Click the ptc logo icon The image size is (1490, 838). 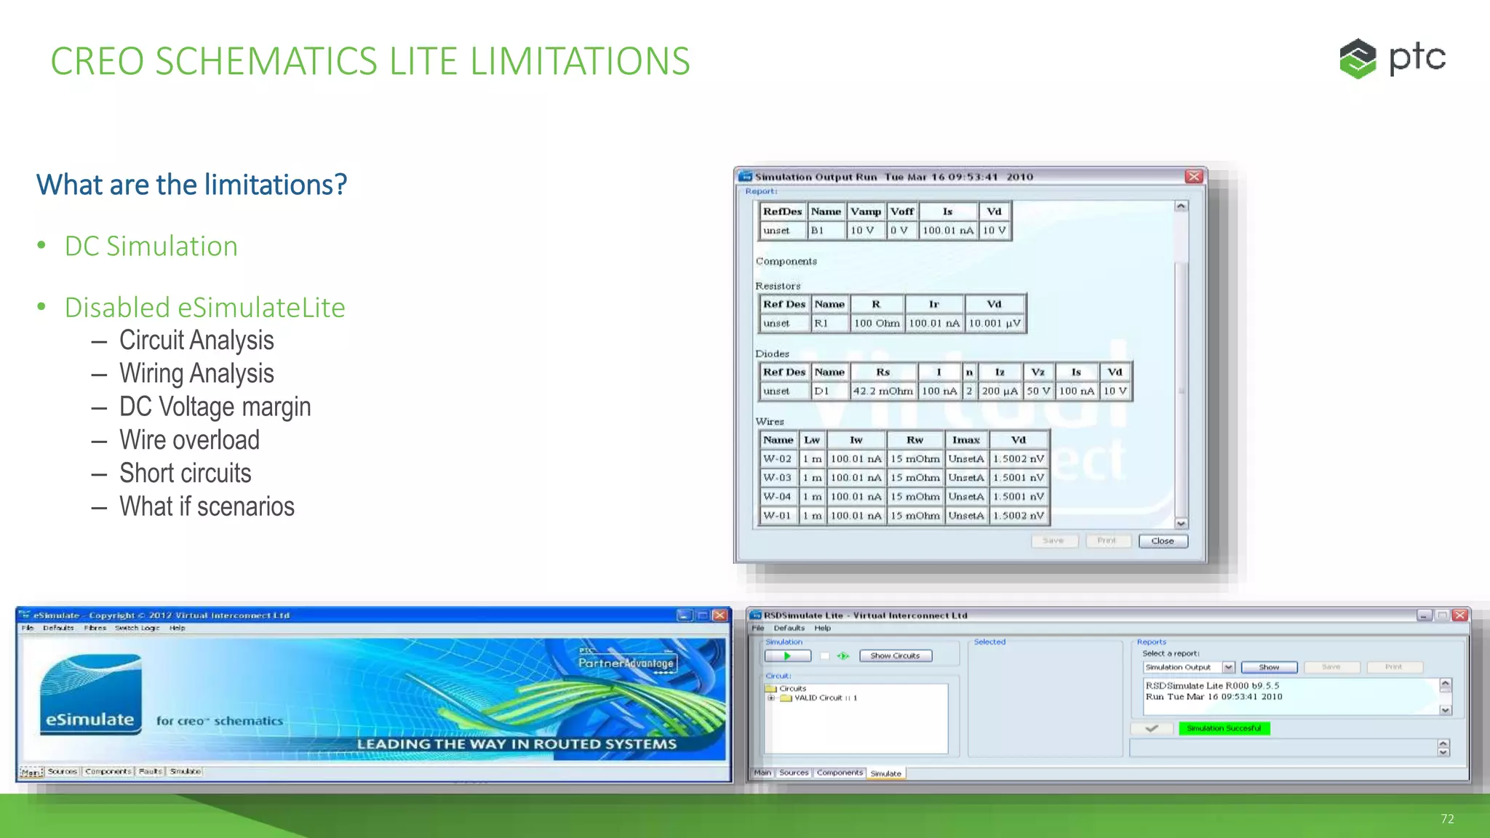click(x=1358, y=58)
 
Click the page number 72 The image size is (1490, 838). click(x=1447, y=819)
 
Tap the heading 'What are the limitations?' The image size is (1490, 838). click(x=192, y=185)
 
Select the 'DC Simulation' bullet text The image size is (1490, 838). click(x=151, y=247)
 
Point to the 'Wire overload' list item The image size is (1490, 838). click(x=189, y=440)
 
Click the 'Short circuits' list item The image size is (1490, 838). click(x=185, y=474)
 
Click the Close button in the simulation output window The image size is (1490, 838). click(x=1163, y=541)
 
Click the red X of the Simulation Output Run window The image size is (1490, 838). click(x=1194, y=177)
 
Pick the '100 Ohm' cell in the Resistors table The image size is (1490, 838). click(x=877, y=323)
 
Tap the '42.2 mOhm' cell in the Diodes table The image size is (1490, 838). click(x=883, y=391)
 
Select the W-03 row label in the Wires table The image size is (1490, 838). click(x=777, y=478)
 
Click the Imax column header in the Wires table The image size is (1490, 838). click(x=965, y=440)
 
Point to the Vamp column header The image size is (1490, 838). click(x=866, y=212)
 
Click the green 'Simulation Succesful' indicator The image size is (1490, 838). click(x=1224, y=728)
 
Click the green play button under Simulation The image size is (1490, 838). click(x=787, y=656)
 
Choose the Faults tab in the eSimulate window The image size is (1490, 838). click(x=150, y=772)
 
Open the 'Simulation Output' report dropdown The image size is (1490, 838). click(x=1228, y=667)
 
